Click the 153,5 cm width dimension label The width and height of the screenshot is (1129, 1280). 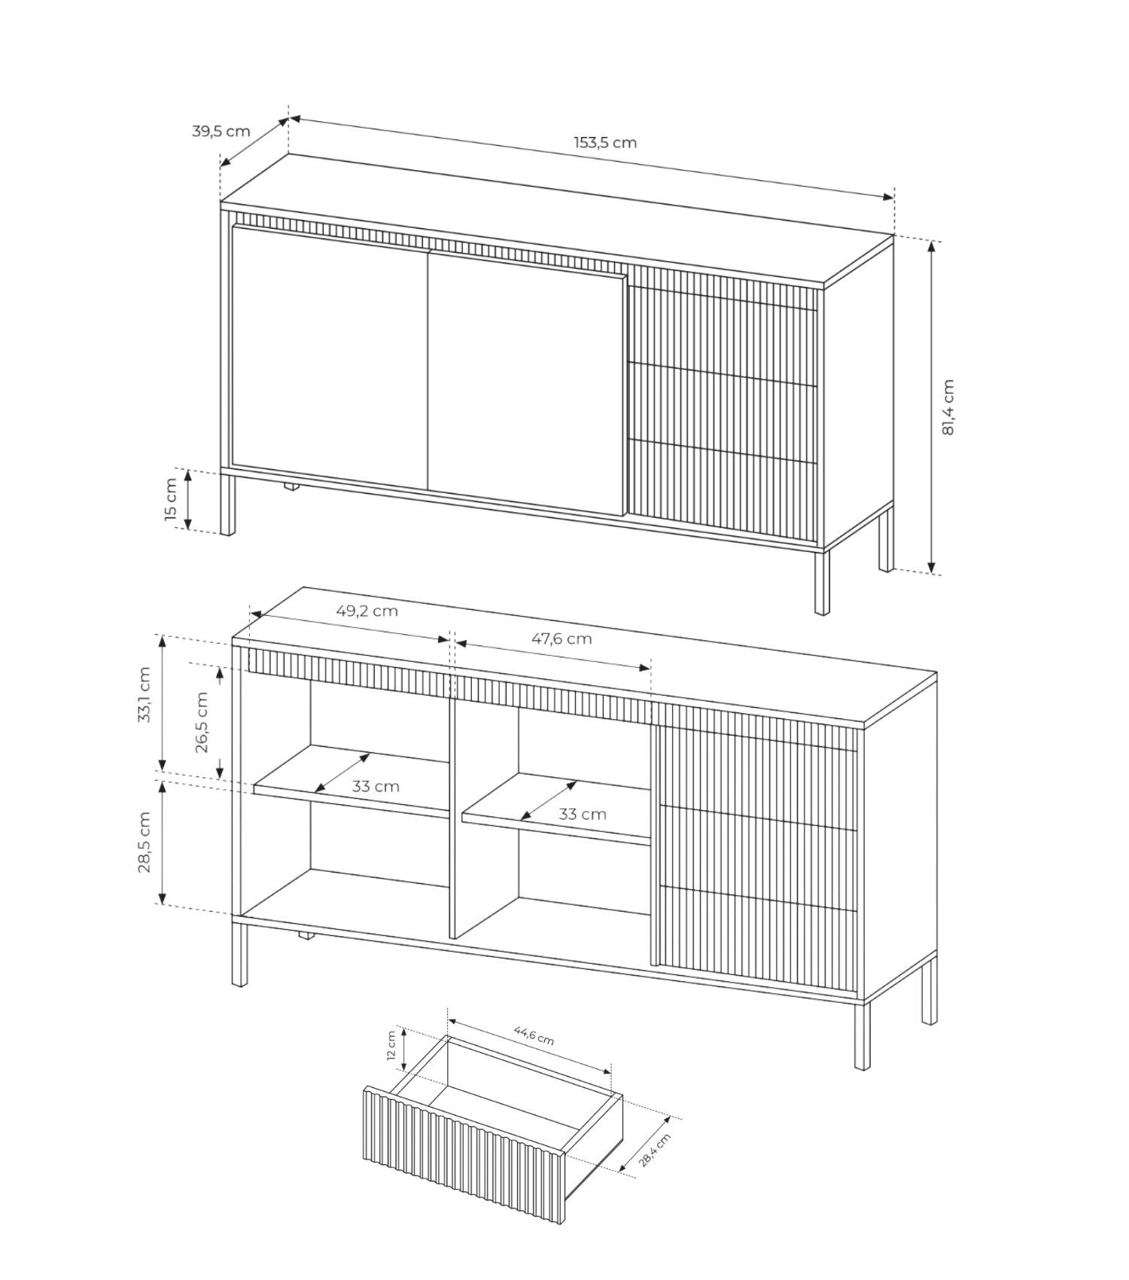point(605,142)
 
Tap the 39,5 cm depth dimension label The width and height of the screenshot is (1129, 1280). point(221,131)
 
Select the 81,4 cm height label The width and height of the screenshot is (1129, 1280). point(948,407)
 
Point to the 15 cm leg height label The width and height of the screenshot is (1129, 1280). point(171,499)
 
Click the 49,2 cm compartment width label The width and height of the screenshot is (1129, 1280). point(367,611)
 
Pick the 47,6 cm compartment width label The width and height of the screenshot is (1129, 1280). point(561,638)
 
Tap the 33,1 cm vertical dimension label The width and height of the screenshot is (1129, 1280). point(145,694)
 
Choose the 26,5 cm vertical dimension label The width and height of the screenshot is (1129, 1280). point(202,722)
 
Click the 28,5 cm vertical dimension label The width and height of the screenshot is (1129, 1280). point(145,842)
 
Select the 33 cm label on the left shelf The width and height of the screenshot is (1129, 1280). point(376,787)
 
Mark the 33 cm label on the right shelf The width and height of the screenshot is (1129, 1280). point(582,814)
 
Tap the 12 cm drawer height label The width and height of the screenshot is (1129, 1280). point(391,1045)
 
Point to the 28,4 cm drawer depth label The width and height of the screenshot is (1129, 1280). point(654,1150)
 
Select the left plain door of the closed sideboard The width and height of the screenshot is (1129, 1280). point(330,358)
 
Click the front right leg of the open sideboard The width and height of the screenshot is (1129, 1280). point(862,1035)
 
